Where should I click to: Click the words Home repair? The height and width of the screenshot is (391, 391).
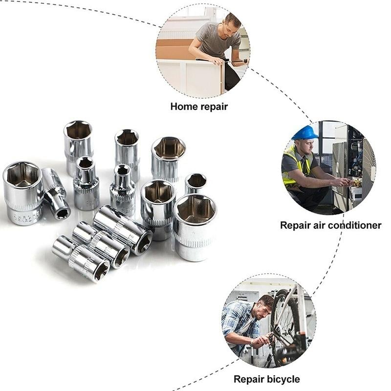click(199, 106)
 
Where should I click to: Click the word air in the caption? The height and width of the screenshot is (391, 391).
click(317, 225)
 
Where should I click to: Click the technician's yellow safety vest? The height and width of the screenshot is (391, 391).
click(293, 166)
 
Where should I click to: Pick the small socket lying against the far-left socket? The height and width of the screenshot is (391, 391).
click(56, 194)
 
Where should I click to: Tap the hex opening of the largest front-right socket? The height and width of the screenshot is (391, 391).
click(195, 209)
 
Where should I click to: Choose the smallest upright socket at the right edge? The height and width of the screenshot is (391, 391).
click(195, 183)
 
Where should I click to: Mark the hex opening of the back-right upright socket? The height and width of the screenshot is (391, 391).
click(169, 148)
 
